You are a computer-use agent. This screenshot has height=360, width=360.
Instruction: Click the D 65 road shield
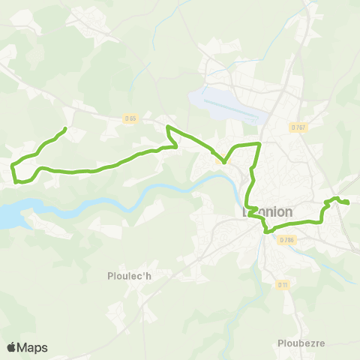coord(131,118)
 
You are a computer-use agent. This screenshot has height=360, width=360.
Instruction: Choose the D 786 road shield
coord(285,240)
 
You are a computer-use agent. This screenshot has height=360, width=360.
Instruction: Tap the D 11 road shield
coord(283,284)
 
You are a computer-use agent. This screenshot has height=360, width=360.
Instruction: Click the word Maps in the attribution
coord(33,347)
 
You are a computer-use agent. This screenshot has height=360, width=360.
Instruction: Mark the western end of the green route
coord(65,129)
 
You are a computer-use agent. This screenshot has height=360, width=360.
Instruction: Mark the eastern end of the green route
coord(348,202)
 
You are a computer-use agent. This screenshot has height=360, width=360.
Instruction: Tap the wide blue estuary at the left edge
coord(9,216)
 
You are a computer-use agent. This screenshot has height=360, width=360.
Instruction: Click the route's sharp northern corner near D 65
coord(167,127)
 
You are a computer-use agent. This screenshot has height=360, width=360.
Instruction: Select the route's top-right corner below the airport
coord(259,142)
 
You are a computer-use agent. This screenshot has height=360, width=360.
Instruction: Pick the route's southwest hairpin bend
coord(16,181)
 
